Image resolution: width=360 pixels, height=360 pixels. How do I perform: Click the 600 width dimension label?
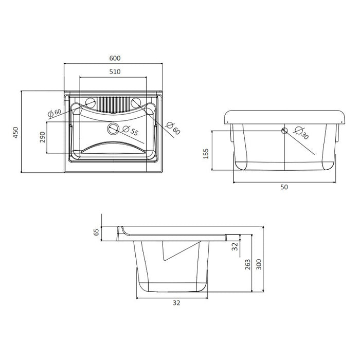115,58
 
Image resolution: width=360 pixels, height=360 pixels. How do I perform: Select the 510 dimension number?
115,72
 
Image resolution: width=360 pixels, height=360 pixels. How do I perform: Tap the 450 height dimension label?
15,133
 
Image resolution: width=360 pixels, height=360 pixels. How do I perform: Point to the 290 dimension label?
43,137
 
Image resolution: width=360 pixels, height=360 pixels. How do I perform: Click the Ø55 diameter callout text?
131,130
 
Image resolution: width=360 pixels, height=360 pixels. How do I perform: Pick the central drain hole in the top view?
113,129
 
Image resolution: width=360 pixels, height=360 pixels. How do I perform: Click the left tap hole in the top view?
90,103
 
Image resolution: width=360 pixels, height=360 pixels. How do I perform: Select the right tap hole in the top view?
136,103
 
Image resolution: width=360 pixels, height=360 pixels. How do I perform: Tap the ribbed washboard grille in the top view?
113,104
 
